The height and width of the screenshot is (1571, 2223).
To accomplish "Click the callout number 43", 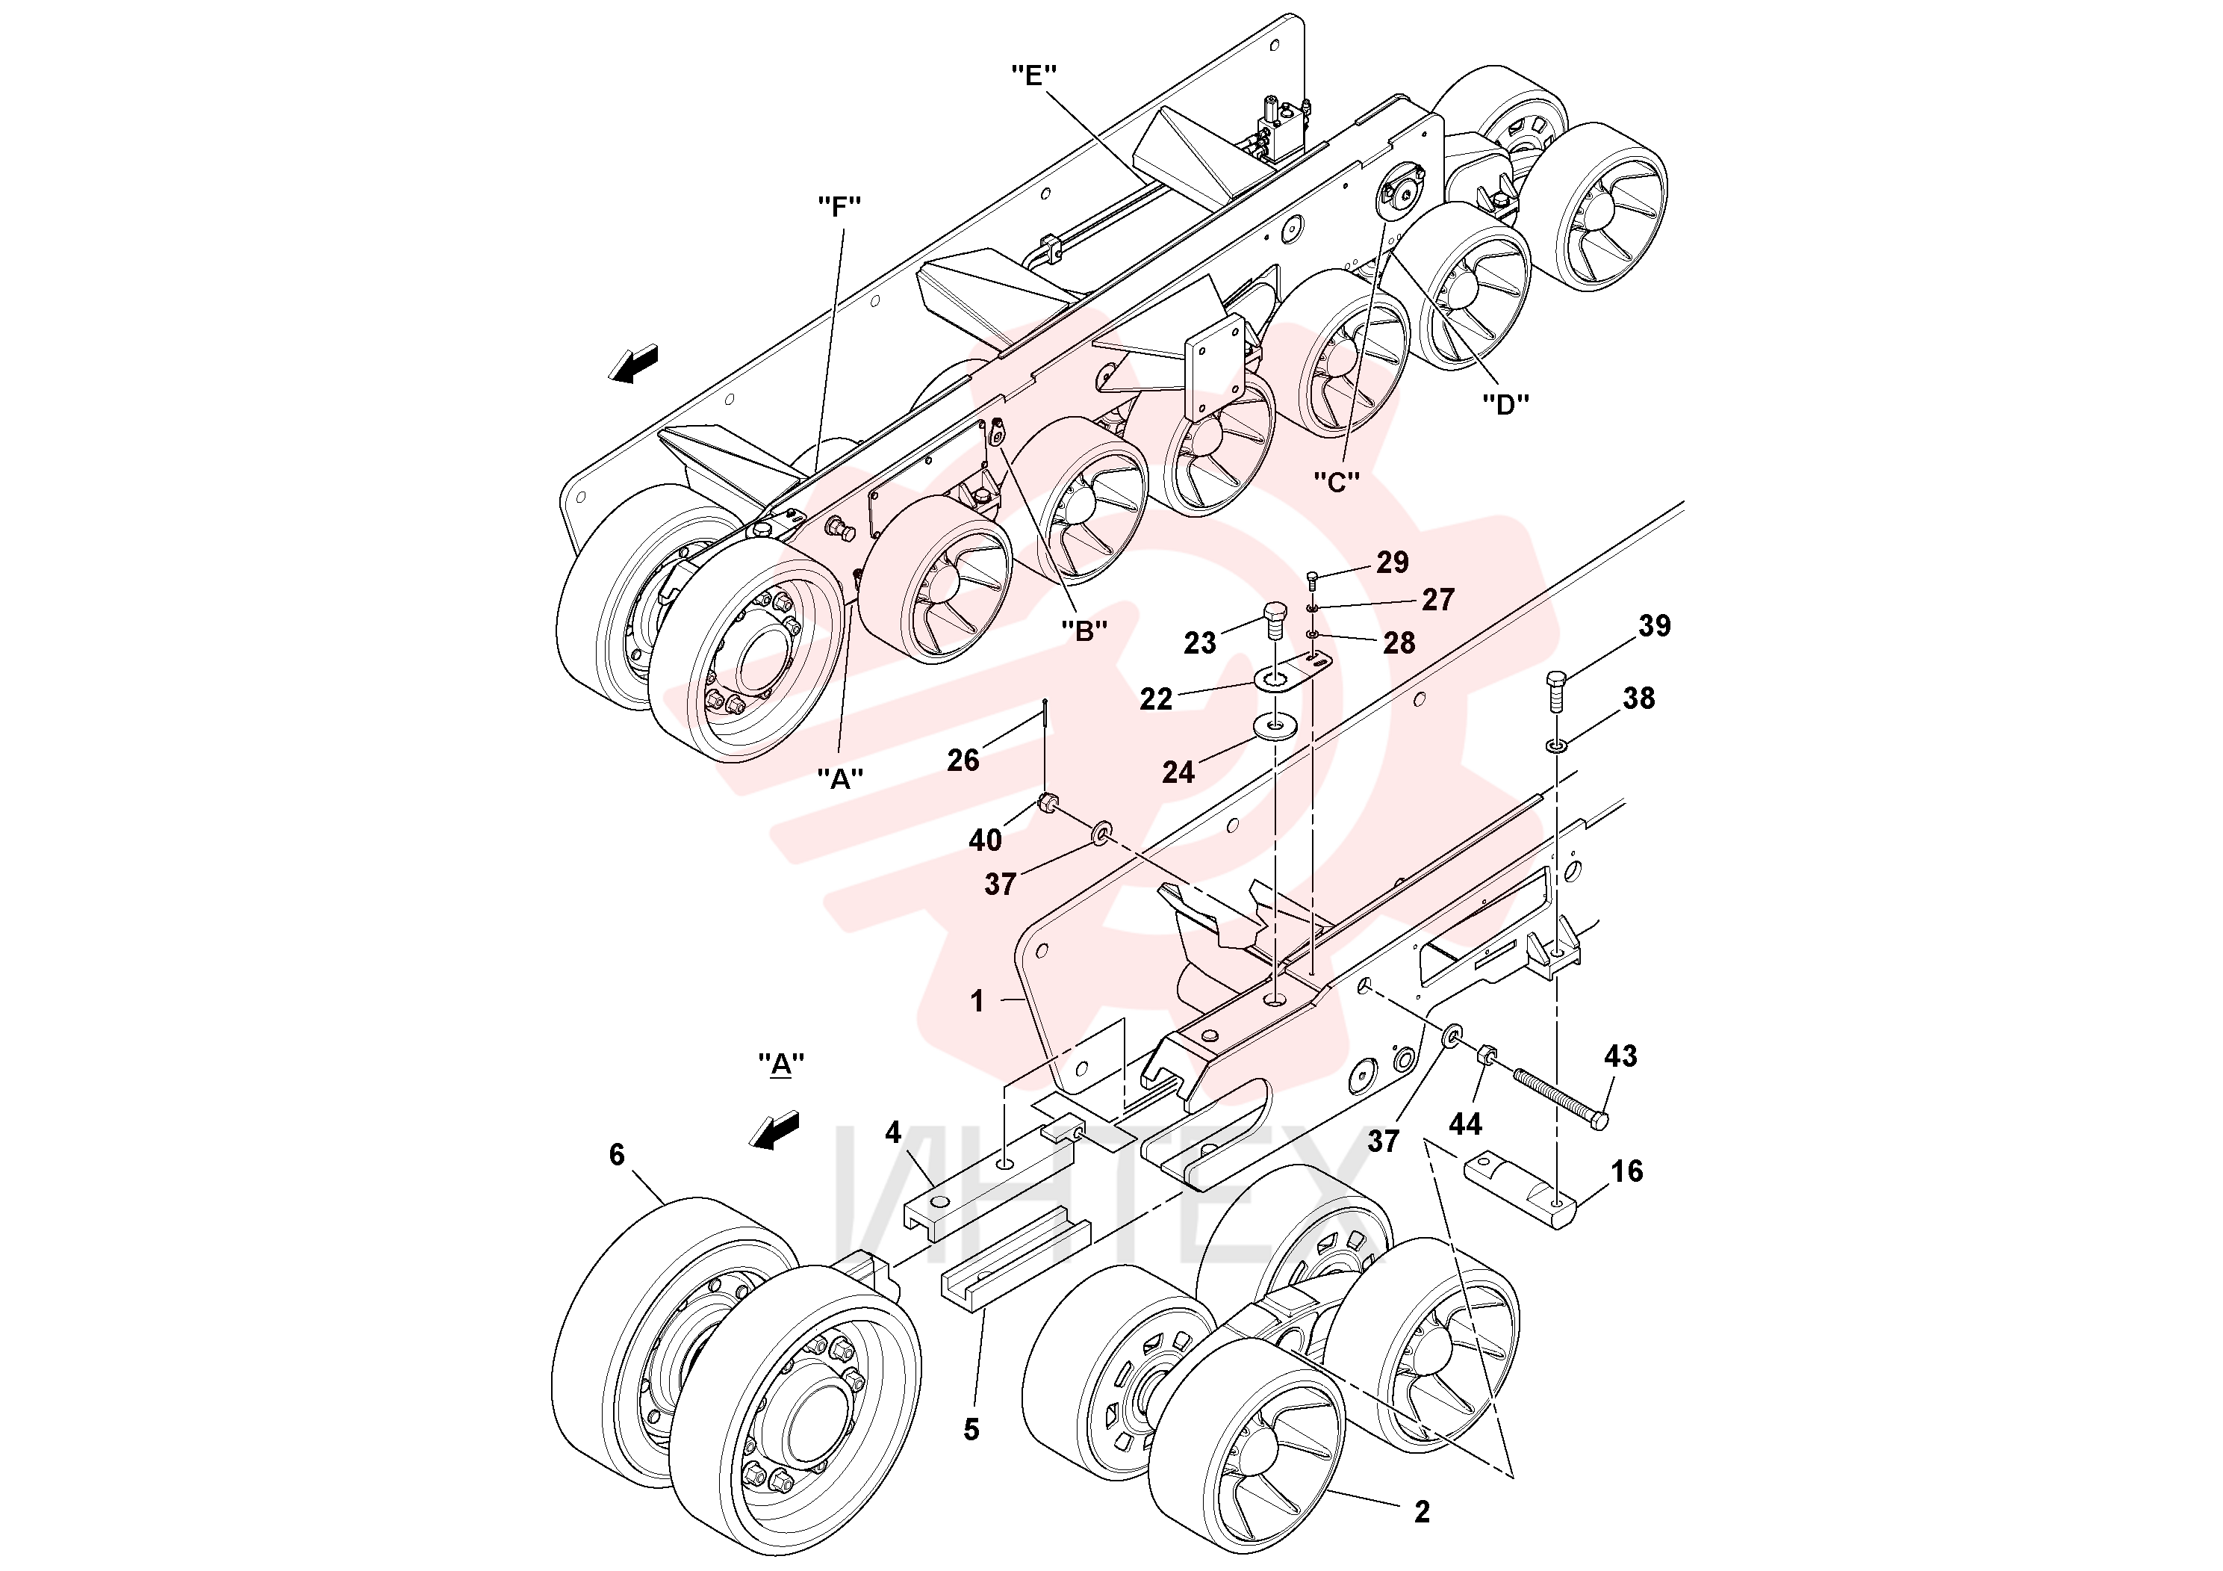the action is pos(1621,1055).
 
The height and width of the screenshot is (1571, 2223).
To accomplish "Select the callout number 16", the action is pos(1626,1171).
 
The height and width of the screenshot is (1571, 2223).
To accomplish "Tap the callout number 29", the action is pos(1393,562).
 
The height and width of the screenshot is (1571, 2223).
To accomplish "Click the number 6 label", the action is pos(617,1154).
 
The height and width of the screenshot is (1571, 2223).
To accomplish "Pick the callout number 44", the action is pos(1465,1124).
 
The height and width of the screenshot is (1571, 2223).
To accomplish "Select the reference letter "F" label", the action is pos(839,205).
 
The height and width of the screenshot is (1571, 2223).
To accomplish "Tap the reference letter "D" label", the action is pos(1505,404).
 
